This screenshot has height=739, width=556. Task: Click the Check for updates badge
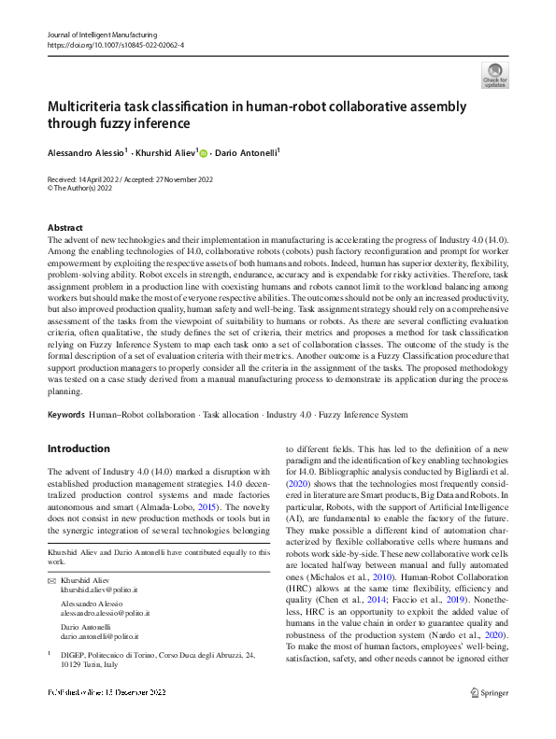494,75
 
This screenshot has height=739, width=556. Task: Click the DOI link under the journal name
115,44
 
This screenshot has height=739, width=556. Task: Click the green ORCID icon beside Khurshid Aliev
203,152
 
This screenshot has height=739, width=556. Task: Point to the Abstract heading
64,228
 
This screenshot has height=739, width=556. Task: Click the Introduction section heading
78,448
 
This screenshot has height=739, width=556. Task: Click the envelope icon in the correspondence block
51,582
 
